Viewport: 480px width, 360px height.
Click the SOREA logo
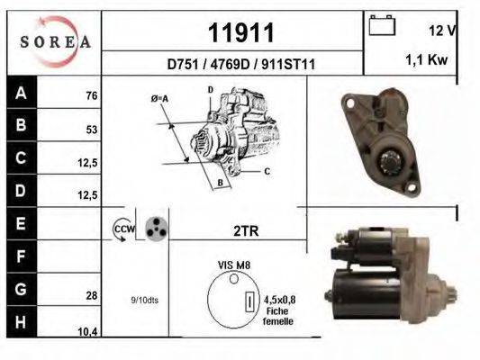click(x=55, y=40)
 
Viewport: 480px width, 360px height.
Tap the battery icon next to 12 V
click(x=382, y=27)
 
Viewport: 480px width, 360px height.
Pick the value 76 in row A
click(x=90, y=95)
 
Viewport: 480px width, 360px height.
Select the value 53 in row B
click(x=90, y=129)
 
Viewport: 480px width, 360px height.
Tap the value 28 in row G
click(x=90, y=295)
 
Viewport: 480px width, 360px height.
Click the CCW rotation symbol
click(x=122, y=230)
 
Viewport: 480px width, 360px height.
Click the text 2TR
click(x=245, y=230)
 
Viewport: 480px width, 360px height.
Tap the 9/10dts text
click(x=145, y=300)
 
